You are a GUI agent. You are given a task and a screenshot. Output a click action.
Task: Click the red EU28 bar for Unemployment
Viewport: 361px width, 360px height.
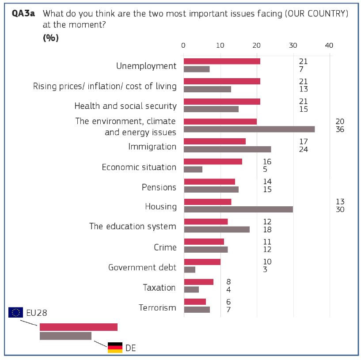pos(222,61)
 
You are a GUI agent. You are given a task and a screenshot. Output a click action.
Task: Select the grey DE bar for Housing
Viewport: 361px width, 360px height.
pos(238,209)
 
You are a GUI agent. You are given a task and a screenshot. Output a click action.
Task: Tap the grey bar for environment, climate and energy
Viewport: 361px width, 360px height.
pos(249,129)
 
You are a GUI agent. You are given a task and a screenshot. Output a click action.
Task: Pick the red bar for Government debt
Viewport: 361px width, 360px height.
pos(202,262)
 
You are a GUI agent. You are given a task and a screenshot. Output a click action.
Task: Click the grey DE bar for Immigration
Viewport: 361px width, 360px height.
pos(227,149)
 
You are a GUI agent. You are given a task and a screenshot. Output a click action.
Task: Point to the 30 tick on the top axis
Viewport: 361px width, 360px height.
pos(293,45)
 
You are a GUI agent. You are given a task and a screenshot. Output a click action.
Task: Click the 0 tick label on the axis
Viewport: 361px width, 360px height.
pos(183,45)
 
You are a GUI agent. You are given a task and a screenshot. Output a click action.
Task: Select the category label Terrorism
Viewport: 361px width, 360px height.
pos(157,307)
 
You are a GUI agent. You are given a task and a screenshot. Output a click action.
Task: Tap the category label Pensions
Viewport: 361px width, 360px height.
pos(159,187)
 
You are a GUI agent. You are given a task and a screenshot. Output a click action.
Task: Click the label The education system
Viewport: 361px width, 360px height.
pos(133,227)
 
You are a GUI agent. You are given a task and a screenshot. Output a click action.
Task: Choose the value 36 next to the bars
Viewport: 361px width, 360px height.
pos(340,129)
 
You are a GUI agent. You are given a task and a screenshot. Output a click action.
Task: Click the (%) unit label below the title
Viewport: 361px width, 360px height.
pos(51,38)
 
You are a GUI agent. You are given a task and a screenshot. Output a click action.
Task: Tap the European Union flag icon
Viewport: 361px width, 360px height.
pos(16,313)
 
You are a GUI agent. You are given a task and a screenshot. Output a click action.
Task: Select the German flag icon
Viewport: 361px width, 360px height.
pos(115,348)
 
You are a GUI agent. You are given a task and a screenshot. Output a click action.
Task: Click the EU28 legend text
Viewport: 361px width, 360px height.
pos(36,313)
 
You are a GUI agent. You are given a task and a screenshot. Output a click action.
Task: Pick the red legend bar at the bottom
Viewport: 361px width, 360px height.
pos(79,327)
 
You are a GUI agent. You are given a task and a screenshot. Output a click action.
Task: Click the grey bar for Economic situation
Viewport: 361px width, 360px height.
pos(193,169)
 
